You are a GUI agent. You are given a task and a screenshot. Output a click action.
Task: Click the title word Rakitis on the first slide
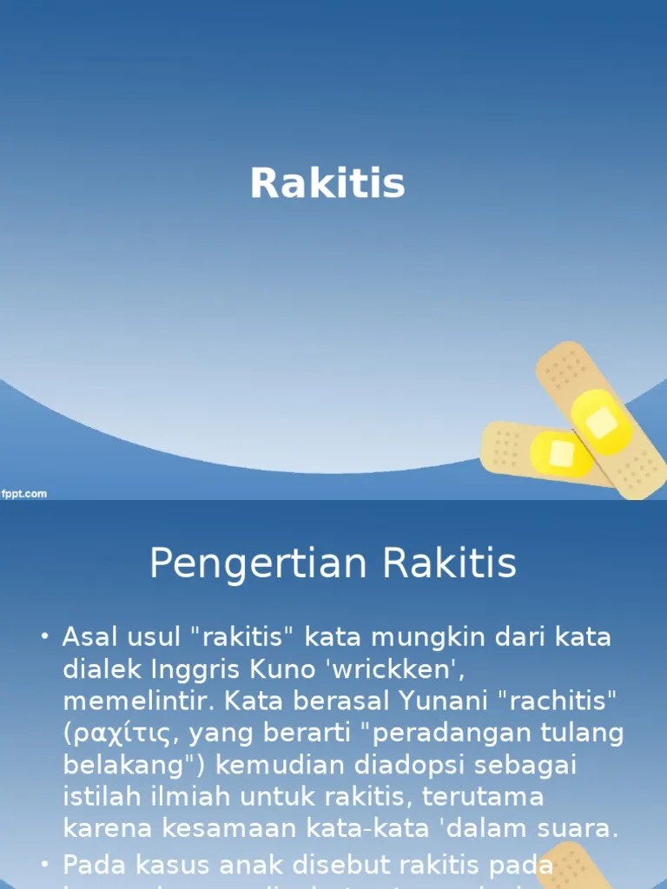(327, 184)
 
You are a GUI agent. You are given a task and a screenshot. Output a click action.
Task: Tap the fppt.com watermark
(23, 494)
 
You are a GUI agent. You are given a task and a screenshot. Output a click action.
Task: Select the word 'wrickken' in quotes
(382, 669)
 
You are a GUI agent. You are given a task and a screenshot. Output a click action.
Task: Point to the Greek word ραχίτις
(122, 734)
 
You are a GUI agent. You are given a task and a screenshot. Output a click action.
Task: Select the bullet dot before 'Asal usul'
(45, 638)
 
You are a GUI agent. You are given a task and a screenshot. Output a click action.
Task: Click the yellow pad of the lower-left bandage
(560, 453)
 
